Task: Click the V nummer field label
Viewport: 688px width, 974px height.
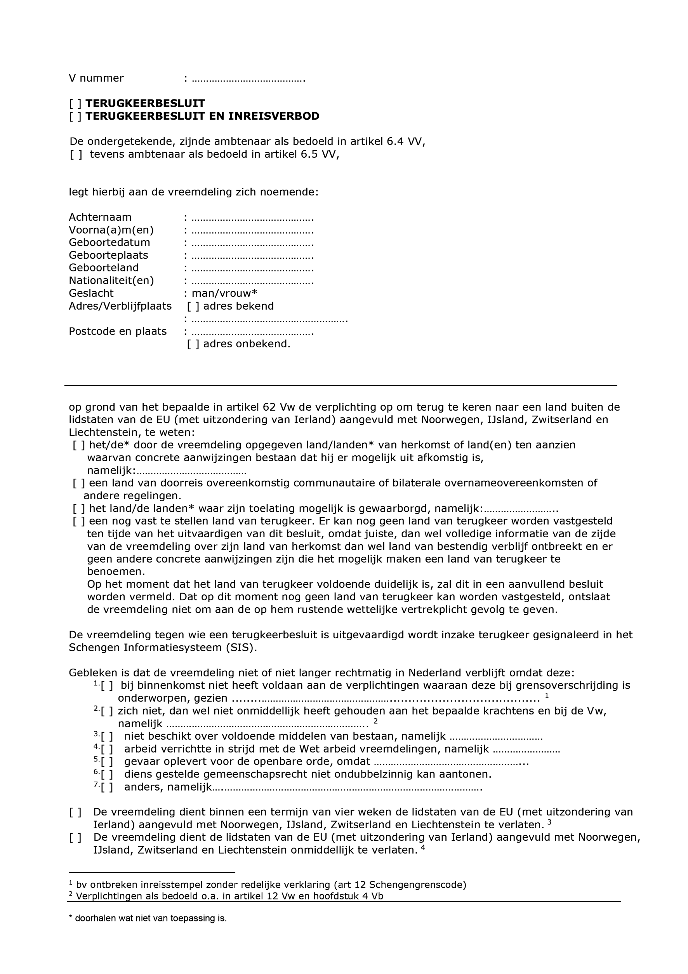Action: pyautogui.click(x=96, y=78)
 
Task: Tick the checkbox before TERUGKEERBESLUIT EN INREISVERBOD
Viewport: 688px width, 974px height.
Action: pyautogui.click(x=75, y=116)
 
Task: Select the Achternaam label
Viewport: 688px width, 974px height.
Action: pyautogui.click(x=100, y=217)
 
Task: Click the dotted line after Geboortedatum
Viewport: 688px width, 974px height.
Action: pyautogui.click(x=252, y=244)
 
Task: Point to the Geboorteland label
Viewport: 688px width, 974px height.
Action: pyautogui.click(x=104, y=268)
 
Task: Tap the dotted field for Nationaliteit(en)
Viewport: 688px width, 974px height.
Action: pyautogui.click(x=252, y=281)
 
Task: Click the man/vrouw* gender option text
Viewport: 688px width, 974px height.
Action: pyautogui.click(x=225, y=293)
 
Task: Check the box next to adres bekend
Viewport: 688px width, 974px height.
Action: pyautogui.click(x=193, y=306)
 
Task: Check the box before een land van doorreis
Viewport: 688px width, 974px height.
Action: pyautogui.click(x=79, y=483)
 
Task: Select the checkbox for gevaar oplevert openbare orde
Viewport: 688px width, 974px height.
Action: pyautogui.click(x=107, y=762)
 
